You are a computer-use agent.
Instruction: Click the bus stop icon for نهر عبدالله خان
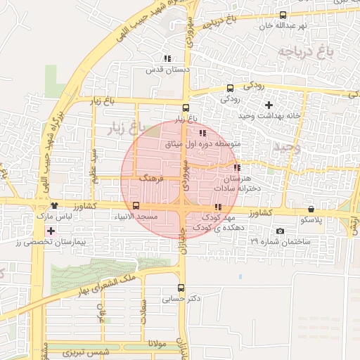283,15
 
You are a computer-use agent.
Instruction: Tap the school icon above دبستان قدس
167,58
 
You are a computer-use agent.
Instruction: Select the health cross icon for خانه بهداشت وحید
269,105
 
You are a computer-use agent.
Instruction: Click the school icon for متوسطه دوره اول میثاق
202,133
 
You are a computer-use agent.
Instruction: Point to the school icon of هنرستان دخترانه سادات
237,168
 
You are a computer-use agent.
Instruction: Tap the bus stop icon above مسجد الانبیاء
136,205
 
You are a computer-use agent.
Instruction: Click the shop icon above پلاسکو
311,209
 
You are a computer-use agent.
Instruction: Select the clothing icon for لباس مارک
53,206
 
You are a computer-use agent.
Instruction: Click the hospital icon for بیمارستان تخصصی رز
50,231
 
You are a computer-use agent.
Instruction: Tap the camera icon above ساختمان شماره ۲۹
281,231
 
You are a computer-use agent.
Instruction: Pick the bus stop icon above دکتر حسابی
181,288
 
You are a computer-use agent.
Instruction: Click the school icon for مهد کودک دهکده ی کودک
217,207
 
